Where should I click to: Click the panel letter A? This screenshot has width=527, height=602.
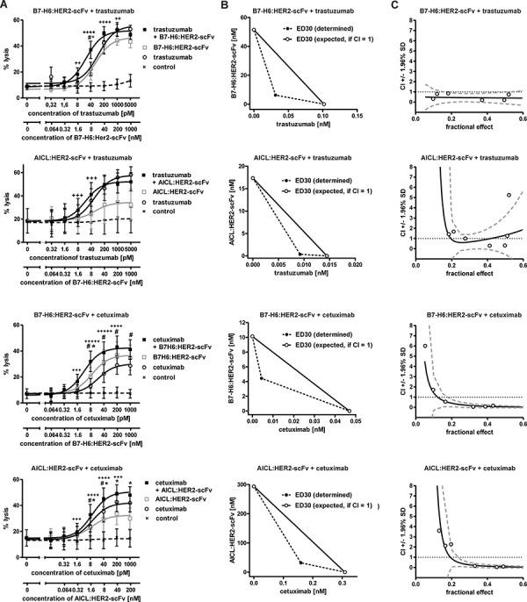(x=4, y=6)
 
